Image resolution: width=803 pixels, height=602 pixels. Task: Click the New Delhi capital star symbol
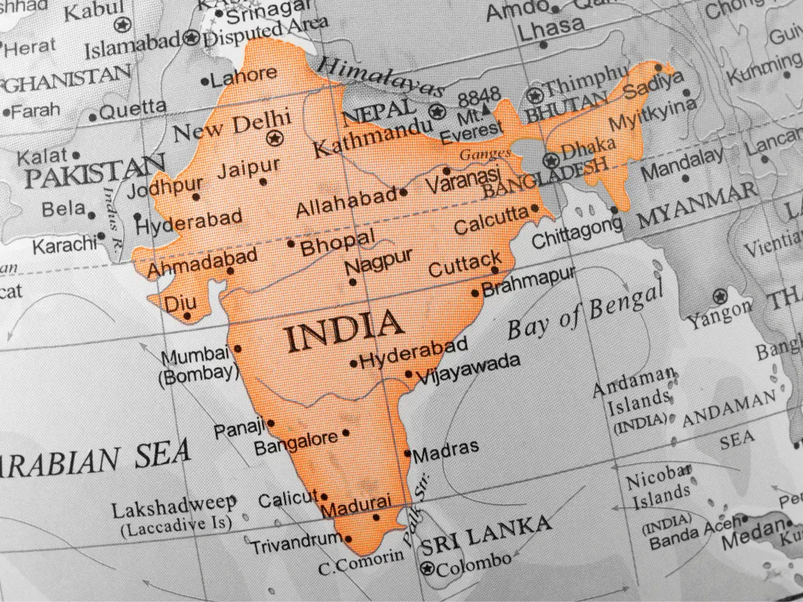274,139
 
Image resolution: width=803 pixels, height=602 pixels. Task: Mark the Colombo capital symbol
427,569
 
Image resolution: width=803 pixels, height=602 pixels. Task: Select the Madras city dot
407,453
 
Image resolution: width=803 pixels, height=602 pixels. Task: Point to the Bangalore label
296,442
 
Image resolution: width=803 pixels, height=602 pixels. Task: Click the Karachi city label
64,243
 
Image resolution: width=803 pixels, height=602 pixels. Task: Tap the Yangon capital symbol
719,296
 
